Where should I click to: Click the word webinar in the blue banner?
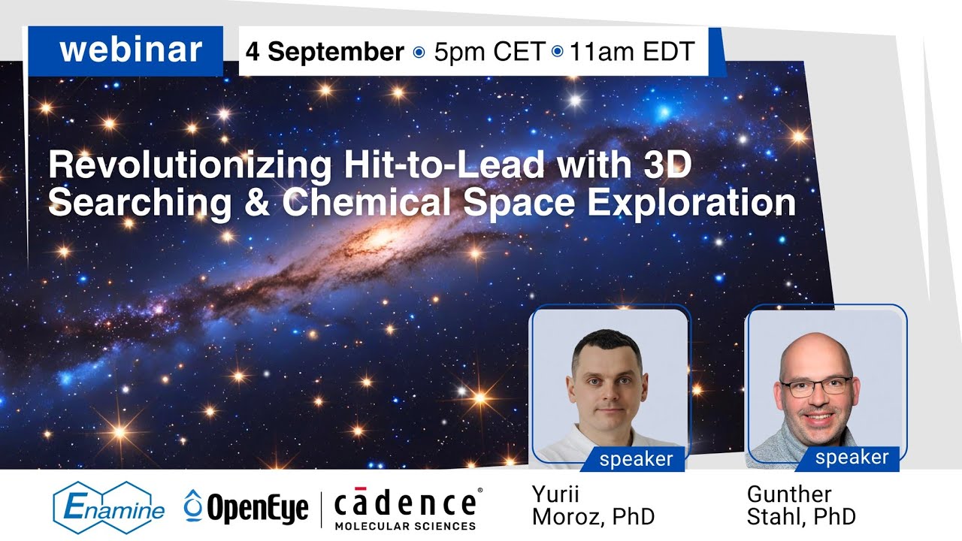[x=131, y=50]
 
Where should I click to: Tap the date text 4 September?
[x=325, y=52]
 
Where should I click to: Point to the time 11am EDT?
[x=632, y=52]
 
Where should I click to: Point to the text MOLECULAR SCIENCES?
[x=405, y=525]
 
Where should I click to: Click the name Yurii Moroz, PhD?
[x=593, y=506]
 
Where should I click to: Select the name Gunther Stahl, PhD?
[x=801, y=506]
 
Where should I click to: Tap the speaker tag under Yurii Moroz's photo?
[x=636, y=459]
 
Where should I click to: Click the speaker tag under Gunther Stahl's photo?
[x=852, y=457]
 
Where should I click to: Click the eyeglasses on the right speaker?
[x=816, y=387]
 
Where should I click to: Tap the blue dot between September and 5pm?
[x=419, y=53]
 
